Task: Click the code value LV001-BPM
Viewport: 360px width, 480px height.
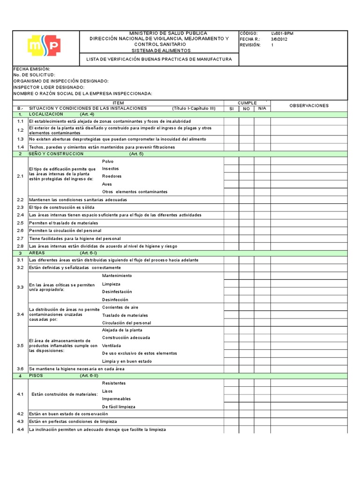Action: [282, 33]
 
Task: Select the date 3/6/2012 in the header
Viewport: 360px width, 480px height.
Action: [279, 39]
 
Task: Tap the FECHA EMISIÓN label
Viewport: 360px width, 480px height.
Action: [32, 69]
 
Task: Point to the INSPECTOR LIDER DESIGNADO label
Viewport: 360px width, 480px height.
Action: [49, 87]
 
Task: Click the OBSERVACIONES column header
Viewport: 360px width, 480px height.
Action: [309, 105]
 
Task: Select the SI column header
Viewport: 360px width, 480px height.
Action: [231, 108]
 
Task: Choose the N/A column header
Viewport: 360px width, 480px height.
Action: [262, 108]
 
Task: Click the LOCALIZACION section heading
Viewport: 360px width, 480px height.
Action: [46, 114]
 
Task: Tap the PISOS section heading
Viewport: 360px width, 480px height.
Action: [36, 376]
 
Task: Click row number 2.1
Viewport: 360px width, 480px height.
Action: [20, 176]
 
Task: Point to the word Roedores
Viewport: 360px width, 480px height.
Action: [112, 176]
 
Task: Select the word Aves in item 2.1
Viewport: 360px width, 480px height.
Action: [107, 184]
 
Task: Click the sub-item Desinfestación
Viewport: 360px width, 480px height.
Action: [117, 292]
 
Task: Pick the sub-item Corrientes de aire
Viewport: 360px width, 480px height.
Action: [120, 307]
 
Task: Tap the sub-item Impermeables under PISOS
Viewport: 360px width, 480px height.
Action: [116, 398]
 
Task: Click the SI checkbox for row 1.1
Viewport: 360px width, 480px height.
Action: [231, 121]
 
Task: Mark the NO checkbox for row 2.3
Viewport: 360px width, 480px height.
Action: [247, 207]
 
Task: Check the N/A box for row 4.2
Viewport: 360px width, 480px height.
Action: [262, 414]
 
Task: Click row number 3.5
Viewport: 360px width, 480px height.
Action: [20, 345]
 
